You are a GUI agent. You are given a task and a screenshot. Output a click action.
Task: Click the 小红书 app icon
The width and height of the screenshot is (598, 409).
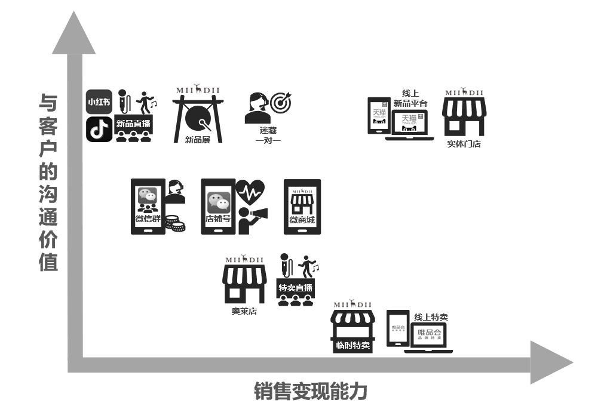[x=99, y=102]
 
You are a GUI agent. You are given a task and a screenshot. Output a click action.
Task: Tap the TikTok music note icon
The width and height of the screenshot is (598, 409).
[x=99, y=129]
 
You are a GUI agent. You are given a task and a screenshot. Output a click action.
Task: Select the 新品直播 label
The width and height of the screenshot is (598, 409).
[x=133, y=124]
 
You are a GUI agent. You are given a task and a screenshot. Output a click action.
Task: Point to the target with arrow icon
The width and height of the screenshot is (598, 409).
[x=280, y=103]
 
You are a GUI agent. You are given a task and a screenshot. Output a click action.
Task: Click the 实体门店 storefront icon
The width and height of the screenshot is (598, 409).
[x=464, y=116]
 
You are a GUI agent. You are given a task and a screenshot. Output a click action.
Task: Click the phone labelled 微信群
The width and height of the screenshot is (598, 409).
[x=148, y=206]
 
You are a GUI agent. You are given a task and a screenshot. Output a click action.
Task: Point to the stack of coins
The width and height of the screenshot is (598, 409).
[x=174, y=223]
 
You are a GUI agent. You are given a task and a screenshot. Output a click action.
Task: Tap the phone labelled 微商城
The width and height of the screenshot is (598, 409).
[x=302, y=206]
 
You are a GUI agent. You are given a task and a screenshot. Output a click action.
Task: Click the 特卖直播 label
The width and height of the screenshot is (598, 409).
[x=295, y=288]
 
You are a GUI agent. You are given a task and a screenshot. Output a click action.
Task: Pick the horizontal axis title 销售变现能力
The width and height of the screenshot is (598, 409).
[x=310, y=391]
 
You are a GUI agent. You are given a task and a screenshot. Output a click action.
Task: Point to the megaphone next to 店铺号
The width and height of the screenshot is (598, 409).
[x=259, y=213]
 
